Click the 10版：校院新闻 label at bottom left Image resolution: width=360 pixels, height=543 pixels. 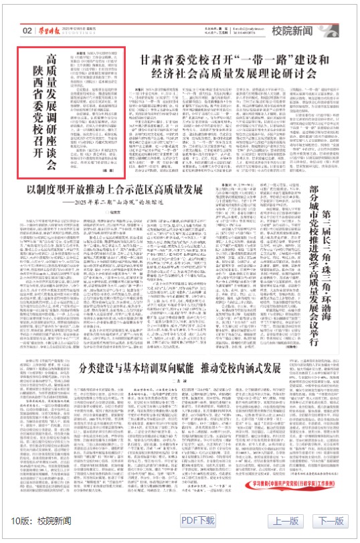(41, 520)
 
